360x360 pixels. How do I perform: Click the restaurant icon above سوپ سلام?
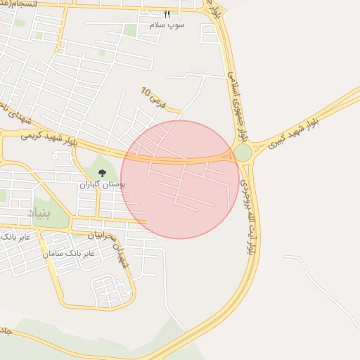coord(167,14)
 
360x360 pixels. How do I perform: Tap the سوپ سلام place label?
coord(167,25)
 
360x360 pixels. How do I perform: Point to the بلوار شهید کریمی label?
coord(49,134)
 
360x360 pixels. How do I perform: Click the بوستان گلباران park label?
coord(102,184)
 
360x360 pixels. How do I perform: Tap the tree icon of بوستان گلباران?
coord(102,173)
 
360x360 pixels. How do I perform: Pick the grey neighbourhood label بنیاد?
coord(39,212)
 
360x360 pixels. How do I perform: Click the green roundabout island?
coord(243,153)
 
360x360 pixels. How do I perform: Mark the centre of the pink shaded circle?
coord(180,179)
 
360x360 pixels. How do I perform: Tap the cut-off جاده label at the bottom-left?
coord(5,330)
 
